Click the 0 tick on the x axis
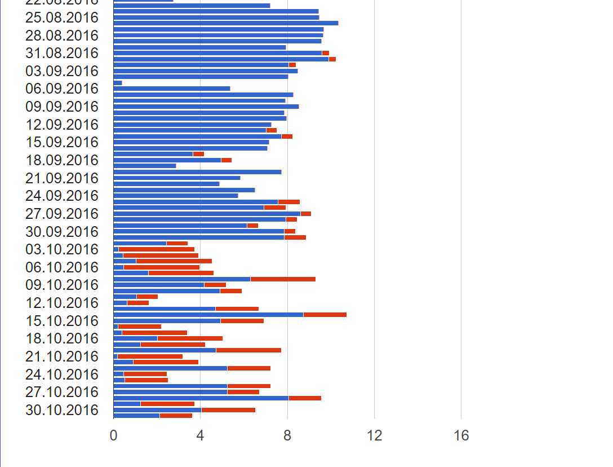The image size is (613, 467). [113, 435]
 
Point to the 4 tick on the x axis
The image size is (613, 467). [200, 435]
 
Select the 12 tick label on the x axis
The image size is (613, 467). [374, 435]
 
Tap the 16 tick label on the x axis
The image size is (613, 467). [461, 435]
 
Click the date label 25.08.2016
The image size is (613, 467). [61, 17]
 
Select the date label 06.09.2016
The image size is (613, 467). [61, 89]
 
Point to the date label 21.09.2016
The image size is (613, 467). [61, 178]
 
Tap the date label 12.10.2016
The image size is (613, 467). [61, 303]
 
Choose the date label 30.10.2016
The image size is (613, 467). [61, 410]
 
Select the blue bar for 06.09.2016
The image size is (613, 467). [172, 89]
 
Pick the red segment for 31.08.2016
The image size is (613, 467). [326, 53]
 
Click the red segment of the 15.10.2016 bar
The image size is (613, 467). [242, 321]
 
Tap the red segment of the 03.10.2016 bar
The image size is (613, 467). [157, 249]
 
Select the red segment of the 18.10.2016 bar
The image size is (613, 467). [190, 338]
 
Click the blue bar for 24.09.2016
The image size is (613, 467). [176, 196]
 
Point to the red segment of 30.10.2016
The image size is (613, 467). [228, 410]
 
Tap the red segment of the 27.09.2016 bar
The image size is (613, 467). [306, 214]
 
